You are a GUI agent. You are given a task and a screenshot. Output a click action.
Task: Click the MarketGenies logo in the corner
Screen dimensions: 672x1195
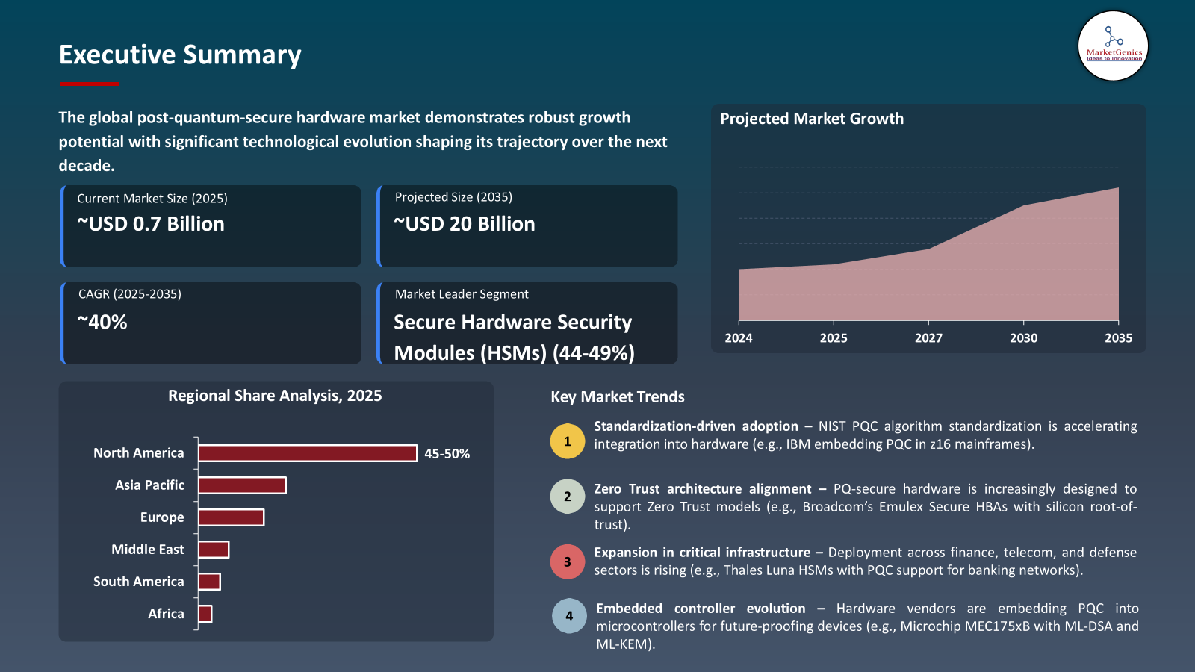pos(1113,46)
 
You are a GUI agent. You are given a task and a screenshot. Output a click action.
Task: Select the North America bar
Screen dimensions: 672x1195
pos(307,453)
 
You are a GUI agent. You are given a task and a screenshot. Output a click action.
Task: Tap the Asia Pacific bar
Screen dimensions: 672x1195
pos(242,485)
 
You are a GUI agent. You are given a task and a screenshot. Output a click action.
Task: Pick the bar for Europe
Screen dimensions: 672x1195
pos(231,517)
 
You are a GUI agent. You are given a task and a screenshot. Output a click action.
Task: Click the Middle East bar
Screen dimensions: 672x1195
pos(214,550)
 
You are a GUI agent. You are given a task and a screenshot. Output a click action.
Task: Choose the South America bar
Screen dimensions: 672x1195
pos(209,582)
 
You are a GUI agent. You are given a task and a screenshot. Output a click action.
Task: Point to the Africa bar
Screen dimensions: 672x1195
pos(205,614)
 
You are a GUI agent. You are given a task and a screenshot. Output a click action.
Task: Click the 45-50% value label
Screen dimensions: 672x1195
pos(447,454)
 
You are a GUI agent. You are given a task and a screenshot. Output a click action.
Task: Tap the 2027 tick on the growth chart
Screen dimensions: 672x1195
pos(928,338)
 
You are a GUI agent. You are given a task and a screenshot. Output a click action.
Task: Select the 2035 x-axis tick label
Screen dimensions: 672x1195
pos(1118,338)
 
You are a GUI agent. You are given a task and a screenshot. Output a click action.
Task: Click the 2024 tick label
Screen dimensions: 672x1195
pos(739,338)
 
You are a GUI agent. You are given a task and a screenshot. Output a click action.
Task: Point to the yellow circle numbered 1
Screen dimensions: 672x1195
pos(568,441)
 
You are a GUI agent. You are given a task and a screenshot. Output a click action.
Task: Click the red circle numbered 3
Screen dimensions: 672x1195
pos(568,561)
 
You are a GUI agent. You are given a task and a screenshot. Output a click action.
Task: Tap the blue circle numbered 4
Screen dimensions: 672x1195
pos(569,616)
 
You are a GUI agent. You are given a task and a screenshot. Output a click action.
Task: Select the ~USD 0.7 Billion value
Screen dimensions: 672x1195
pos(151,224)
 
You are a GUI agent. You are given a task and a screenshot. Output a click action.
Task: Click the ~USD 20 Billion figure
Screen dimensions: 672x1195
pos(465,224)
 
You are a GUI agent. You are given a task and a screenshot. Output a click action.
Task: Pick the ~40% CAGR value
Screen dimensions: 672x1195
pos(102,323)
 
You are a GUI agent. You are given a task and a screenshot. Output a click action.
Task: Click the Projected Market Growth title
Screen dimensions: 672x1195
pos(812,119)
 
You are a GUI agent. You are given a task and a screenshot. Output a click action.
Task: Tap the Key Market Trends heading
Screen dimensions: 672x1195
pos(618,397)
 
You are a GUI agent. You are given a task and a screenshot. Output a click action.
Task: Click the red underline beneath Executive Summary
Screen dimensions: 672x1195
pos(89,84)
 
